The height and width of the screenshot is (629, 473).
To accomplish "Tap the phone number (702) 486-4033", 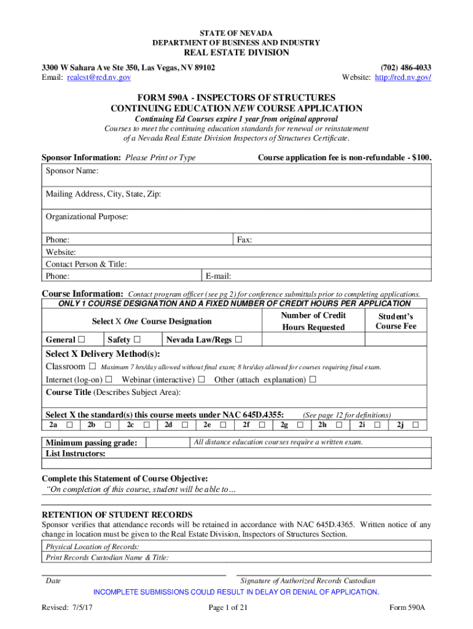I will coord(406,67).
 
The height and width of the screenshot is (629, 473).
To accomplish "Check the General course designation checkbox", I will coord(80,340).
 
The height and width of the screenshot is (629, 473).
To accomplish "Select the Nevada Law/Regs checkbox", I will coord(238,340).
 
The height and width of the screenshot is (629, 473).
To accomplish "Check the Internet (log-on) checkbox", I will coord(109,379).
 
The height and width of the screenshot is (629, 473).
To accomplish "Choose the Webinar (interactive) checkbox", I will coord(201,379).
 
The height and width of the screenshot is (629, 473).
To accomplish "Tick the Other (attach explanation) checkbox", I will coord(313,379).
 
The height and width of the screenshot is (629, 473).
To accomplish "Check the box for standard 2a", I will coord(69,424).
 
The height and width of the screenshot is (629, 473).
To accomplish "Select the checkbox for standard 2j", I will coord(416,424).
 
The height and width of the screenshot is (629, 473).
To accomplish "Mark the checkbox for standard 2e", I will coord(223,424).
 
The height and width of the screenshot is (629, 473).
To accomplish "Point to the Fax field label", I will coord(244,240).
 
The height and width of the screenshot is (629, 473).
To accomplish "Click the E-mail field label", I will coord(219,276).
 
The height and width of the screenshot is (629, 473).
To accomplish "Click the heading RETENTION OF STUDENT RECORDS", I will coord(117,515).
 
